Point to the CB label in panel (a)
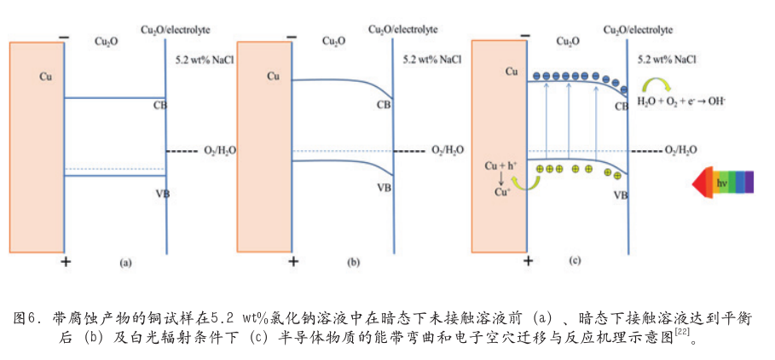[159, 106]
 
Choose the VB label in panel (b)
[385, 188]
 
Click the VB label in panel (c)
[620, 195]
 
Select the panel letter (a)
[125, 264]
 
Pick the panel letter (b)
[354, 264]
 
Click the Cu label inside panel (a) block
[45, 77]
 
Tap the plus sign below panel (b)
[293, 262]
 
